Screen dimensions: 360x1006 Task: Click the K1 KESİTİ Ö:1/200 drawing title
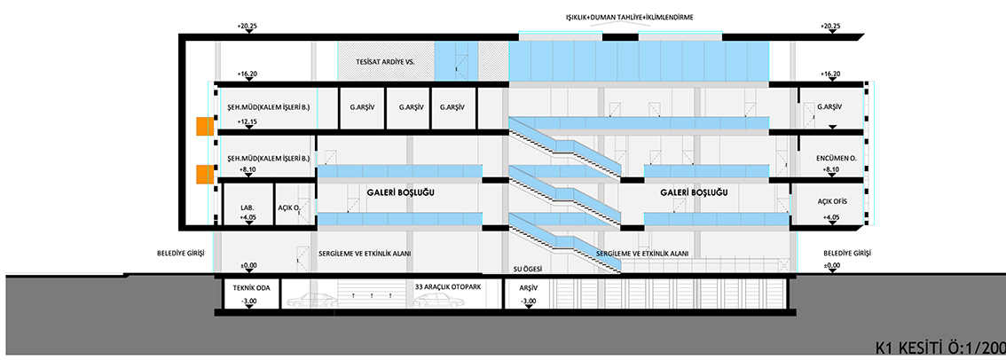point(938,346)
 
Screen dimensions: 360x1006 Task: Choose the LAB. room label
point(248,208)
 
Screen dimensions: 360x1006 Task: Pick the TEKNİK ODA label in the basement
point(249,288)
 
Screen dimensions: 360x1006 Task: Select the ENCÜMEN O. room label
point(832,160)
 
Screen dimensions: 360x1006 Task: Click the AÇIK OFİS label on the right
point(831,200)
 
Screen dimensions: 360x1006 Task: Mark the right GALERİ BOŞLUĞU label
point(694,192)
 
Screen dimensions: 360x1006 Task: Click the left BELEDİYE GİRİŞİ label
point(180,253)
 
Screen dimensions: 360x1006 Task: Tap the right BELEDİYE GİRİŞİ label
point(845,253)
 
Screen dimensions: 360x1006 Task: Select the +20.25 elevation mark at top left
point(248,25)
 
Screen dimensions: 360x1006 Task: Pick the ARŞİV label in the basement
point(529,288)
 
